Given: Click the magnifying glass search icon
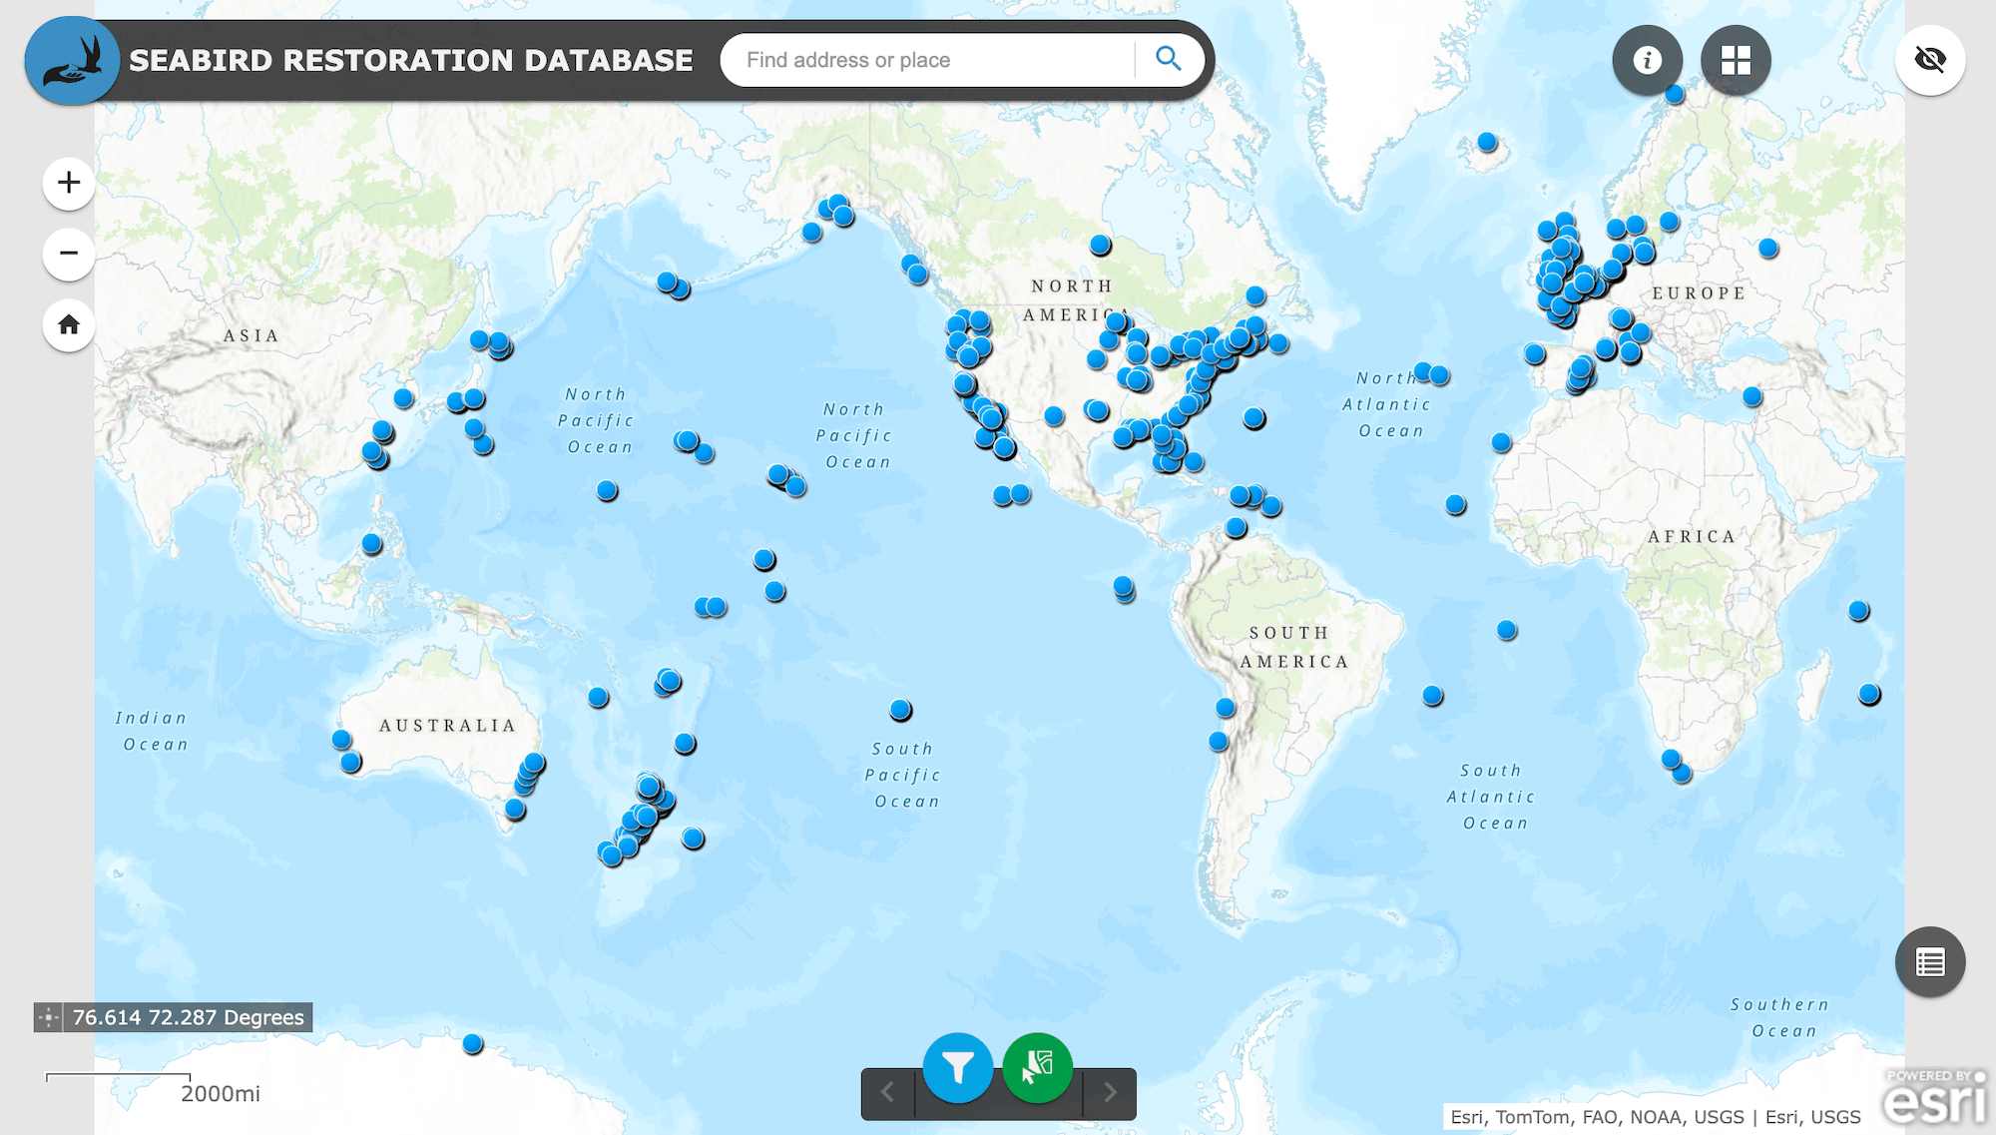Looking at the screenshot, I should [x=1168, y=59].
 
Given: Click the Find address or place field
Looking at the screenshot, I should [x=928, y=60].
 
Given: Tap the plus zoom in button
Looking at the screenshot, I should [x=69, y=183].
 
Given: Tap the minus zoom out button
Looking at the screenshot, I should [x=69, y=254].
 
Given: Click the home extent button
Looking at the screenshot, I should [x=69, y=324].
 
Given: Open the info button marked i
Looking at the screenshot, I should [x=1647, y=60].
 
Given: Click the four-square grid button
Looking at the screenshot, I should [x=1736, y=60].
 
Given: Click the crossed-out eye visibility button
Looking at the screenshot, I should [x=1930, y=60].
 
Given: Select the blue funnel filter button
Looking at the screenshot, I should [x=958, y=1067].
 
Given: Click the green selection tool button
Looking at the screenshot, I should [x=1038, y=1067].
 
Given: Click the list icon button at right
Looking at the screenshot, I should [x=1930, y=962].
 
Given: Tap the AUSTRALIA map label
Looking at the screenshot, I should [x=447, y=726].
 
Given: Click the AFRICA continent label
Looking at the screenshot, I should [x=1692, y=536].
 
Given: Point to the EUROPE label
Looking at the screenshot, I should [x=1699, y=293].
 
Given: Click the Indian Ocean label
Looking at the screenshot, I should [x=152, y=731].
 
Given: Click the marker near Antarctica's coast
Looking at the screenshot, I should [x=473, y=1044].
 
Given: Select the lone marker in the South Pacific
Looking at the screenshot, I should [x=900, y=710].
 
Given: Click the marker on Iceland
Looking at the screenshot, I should [x=1487, y=142].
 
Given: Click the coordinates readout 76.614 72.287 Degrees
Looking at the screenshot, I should [x=187, y=1017].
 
